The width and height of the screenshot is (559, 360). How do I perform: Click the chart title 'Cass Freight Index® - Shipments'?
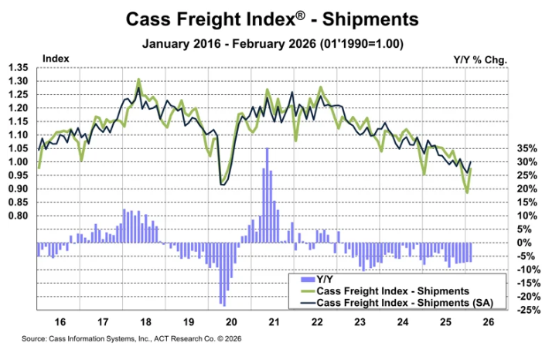pyautogui.click(x=279, y=18)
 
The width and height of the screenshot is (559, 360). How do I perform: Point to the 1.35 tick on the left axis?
pyautogui.click(x=18, y=68)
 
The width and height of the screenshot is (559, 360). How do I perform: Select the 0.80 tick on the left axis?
pyautogui.click(x=18, y=216)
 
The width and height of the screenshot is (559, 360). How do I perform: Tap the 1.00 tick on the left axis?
pyautogui.click(x=18, y=162)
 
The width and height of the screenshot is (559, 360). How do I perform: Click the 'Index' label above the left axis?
pyautogui.click(x=56, y=58)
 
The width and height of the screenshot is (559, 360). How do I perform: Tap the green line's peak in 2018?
pyautogui.click(x=138, y=80)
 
